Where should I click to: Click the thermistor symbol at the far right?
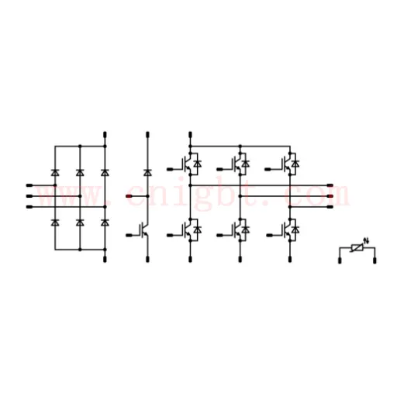click(357, 248)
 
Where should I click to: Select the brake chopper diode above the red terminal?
click(147, 172)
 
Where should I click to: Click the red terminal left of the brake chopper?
click(129, 196)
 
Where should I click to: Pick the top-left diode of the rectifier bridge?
click(55, 172)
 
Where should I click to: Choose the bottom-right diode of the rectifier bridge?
click(105, 223)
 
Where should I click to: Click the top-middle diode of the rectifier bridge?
click(80, 172)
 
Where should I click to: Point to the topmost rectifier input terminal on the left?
click(29, 185)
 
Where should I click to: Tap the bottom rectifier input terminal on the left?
click(29, 207)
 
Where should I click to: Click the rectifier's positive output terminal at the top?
click(105, 135)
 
